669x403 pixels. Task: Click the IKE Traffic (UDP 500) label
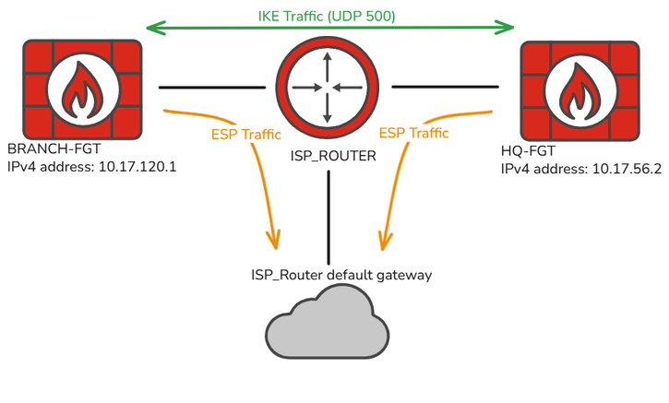[329, 17]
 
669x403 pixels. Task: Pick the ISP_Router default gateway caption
[341, 274]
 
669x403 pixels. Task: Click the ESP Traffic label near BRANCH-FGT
[245, 134]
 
